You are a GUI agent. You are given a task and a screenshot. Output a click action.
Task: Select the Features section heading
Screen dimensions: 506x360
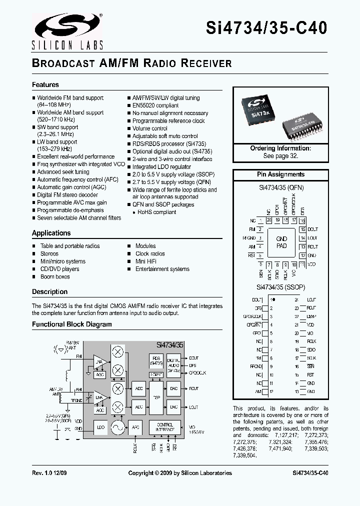(45, 85)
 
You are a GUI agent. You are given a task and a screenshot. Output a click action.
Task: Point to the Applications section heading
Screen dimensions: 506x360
(51, 233)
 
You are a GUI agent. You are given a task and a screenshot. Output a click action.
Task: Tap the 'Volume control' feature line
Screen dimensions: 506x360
(150, 128)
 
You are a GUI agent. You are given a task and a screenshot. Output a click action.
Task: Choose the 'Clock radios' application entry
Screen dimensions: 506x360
(150, 253)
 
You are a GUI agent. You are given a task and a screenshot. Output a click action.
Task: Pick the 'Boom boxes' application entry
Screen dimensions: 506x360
(55, 276)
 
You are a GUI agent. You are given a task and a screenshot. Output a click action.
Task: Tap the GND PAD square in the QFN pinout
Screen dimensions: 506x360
(281, 242)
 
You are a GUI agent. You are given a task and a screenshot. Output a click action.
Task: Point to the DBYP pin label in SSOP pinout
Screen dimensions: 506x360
(311, 316)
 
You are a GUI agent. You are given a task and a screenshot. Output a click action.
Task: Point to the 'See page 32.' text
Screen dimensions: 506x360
(280, 156)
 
